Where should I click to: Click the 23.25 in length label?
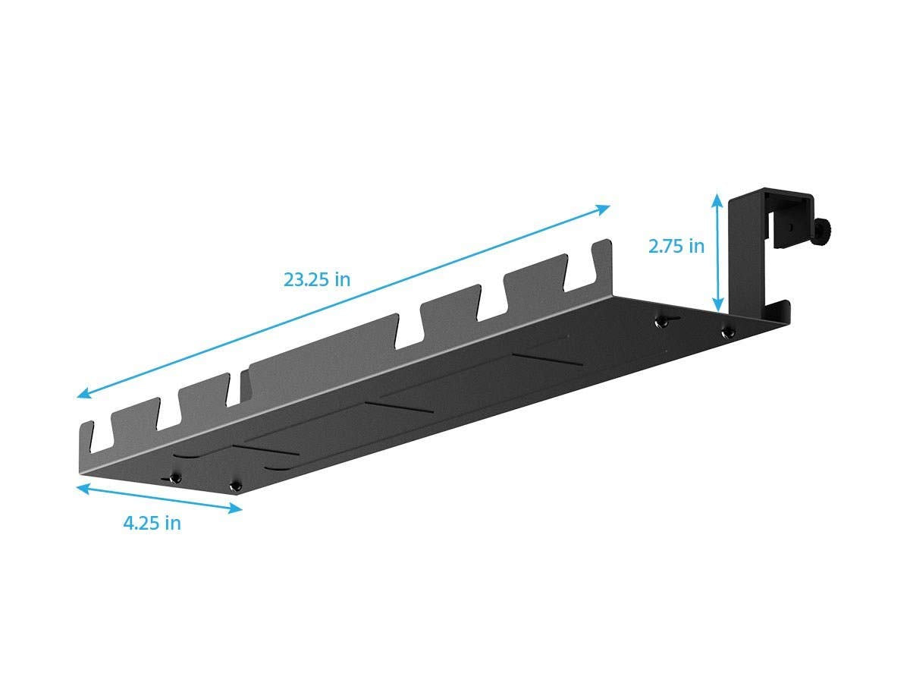click(317, 279)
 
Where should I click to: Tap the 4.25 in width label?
click(152, 523)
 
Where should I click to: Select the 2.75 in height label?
click(676, 246)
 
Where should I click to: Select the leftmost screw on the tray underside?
click(176, 477)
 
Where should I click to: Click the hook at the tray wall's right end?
click(603, 254)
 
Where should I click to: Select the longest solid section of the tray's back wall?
click(322, 349)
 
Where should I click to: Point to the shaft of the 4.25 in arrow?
click(159, 497)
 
